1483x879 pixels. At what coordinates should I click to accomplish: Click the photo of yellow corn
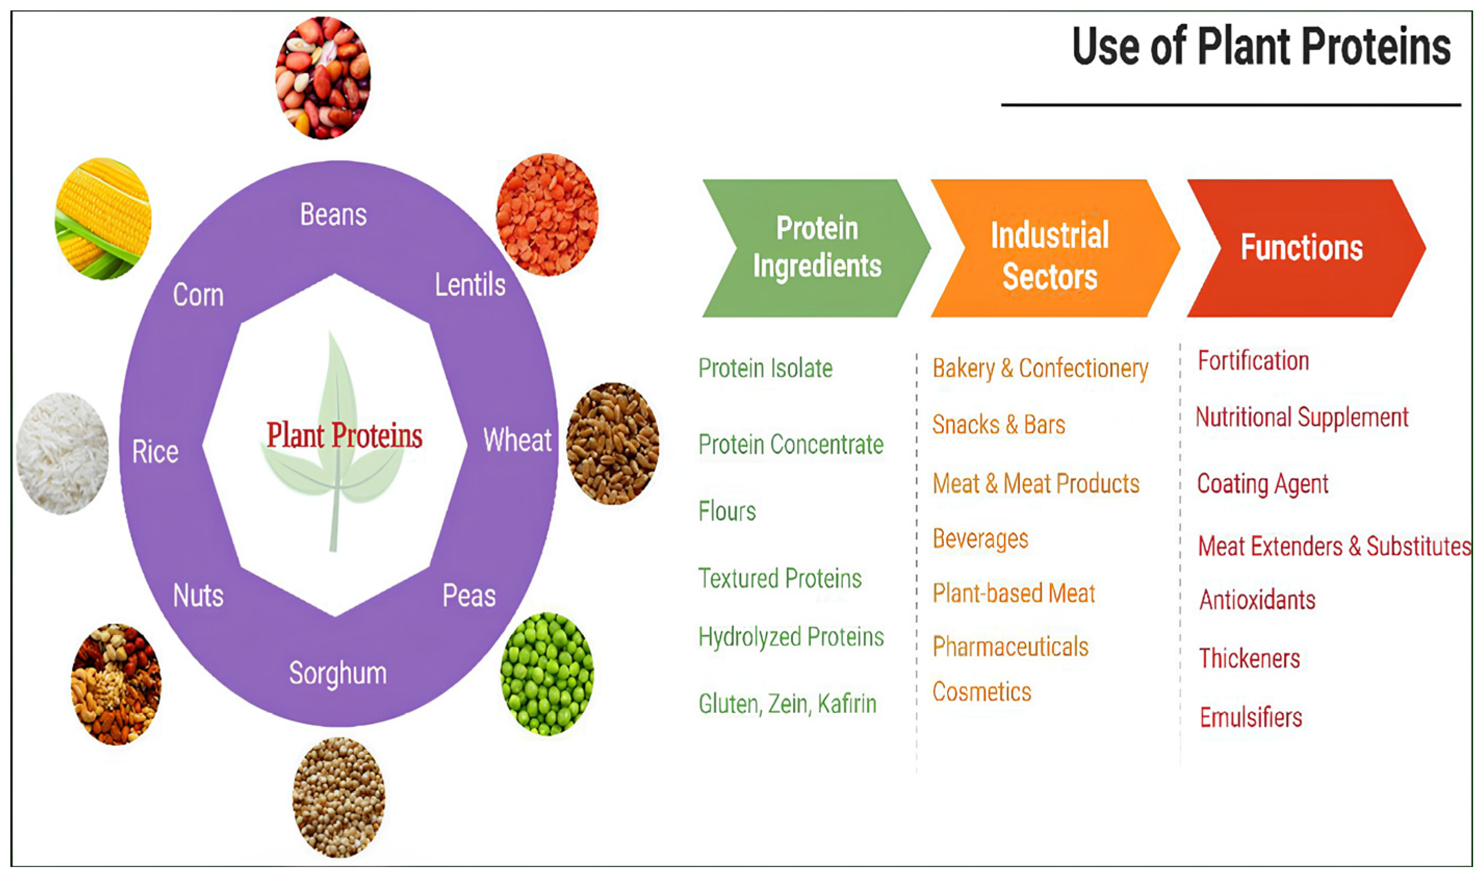103,218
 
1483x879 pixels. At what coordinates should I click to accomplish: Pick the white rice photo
63,453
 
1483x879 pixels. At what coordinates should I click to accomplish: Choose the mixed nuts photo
116,684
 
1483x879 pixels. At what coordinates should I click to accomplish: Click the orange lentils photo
547,214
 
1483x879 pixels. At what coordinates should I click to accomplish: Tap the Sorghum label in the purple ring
338,673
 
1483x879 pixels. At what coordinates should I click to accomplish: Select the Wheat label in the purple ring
517,440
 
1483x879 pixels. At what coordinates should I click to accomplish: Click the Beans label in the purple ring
334,214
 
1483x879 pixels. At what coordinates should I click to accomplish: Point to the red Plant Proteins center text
344,436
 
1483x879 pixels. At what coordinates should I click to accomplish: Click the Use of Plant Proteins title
1261,46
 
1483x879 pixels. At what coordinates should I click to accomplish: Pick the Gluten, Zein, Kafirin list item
787,704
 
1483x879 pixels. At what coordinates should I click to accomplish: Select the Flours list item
727,511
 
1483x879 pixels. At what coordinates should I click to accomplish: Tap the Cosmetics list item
981,692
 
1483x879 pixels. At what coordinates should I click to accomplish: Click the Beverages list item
980,539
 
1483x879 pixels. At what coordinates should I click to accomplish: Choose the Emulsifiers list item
1251,717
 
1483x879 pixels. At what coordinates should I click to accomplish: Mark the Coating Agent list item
1262,484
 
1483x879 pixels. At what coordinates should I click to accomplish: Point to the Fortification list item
1253,361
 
